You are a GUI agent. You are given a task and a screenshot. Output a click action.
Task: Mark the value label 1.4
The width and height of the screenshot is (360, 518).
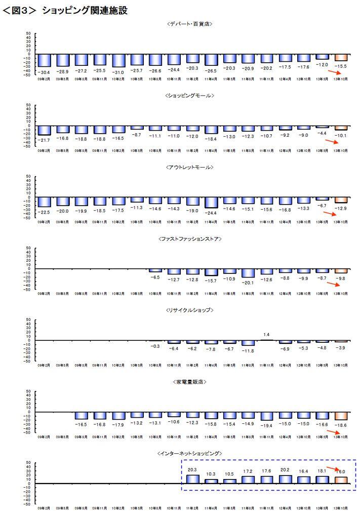pos(267,334)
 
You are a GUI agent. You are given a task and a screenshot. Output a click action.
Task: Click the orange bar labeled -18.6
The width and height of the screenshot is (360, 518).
pos(340,417)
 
